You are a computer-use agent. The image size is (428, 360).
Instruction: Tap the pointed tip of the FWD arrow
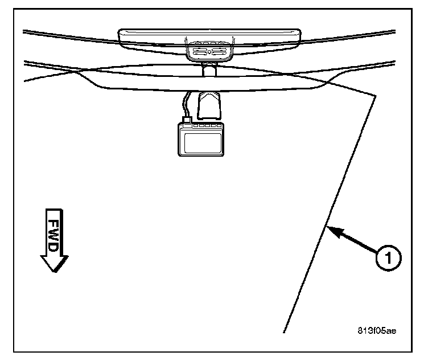pyautogui.click(x=53, y=271)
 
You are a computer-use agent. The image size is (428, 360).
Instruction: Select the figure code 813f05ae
pyautogui.click(x=377, y=330)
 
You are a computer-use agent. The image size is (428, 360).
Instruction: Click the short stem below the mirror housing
pyautogui.click(x=209, y=69)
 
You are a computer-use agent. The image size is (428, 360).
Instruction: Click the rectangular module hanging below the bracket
pyautogui.click(x=202, y=140)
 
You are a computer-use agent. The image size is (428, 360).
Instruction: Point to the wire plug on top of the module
pyautogui.click(x=185, y=120)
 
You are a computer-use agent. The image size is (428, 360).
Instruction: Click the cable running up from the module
pyautogui.click(x=184, y=105)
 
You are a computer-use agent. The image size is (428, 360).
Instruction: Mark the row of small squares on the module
pyautogui.click(x=208, y=125)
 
